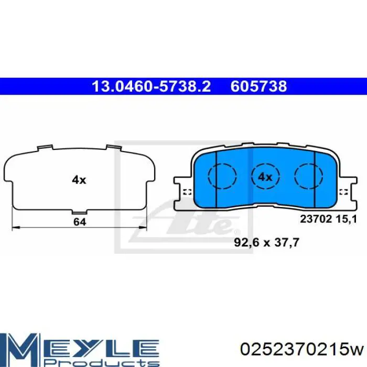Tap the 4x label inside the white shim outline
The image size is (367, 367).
(79, 180)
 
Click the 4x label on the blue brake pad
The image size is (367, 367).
(265, 177)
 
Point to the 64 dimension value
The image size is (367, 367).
(79, 222)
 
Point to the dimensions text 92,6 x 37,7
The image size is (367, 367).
(271, 242)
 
